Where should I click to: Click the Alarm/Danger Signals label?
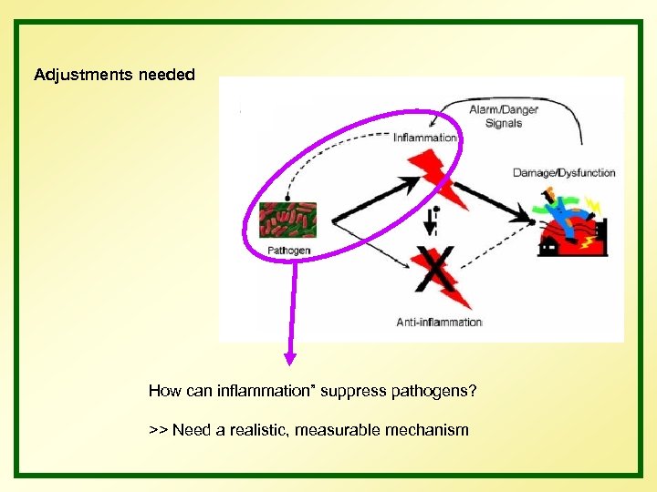(504, 117)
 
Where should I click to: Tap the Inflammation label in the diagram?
(425, 138)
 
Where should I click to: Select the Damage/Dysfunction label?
(564, 172)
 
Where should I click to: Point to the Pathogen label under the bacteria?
(289, 250)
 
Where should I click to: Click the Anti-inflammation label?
(439, 322)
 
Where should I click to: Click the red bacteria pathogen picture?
(287, 220)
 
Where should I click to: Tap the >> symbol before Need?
(158, 429)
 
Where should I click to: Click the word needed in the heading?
(167, 75)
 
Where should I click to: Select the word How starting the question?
(165, 392)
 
